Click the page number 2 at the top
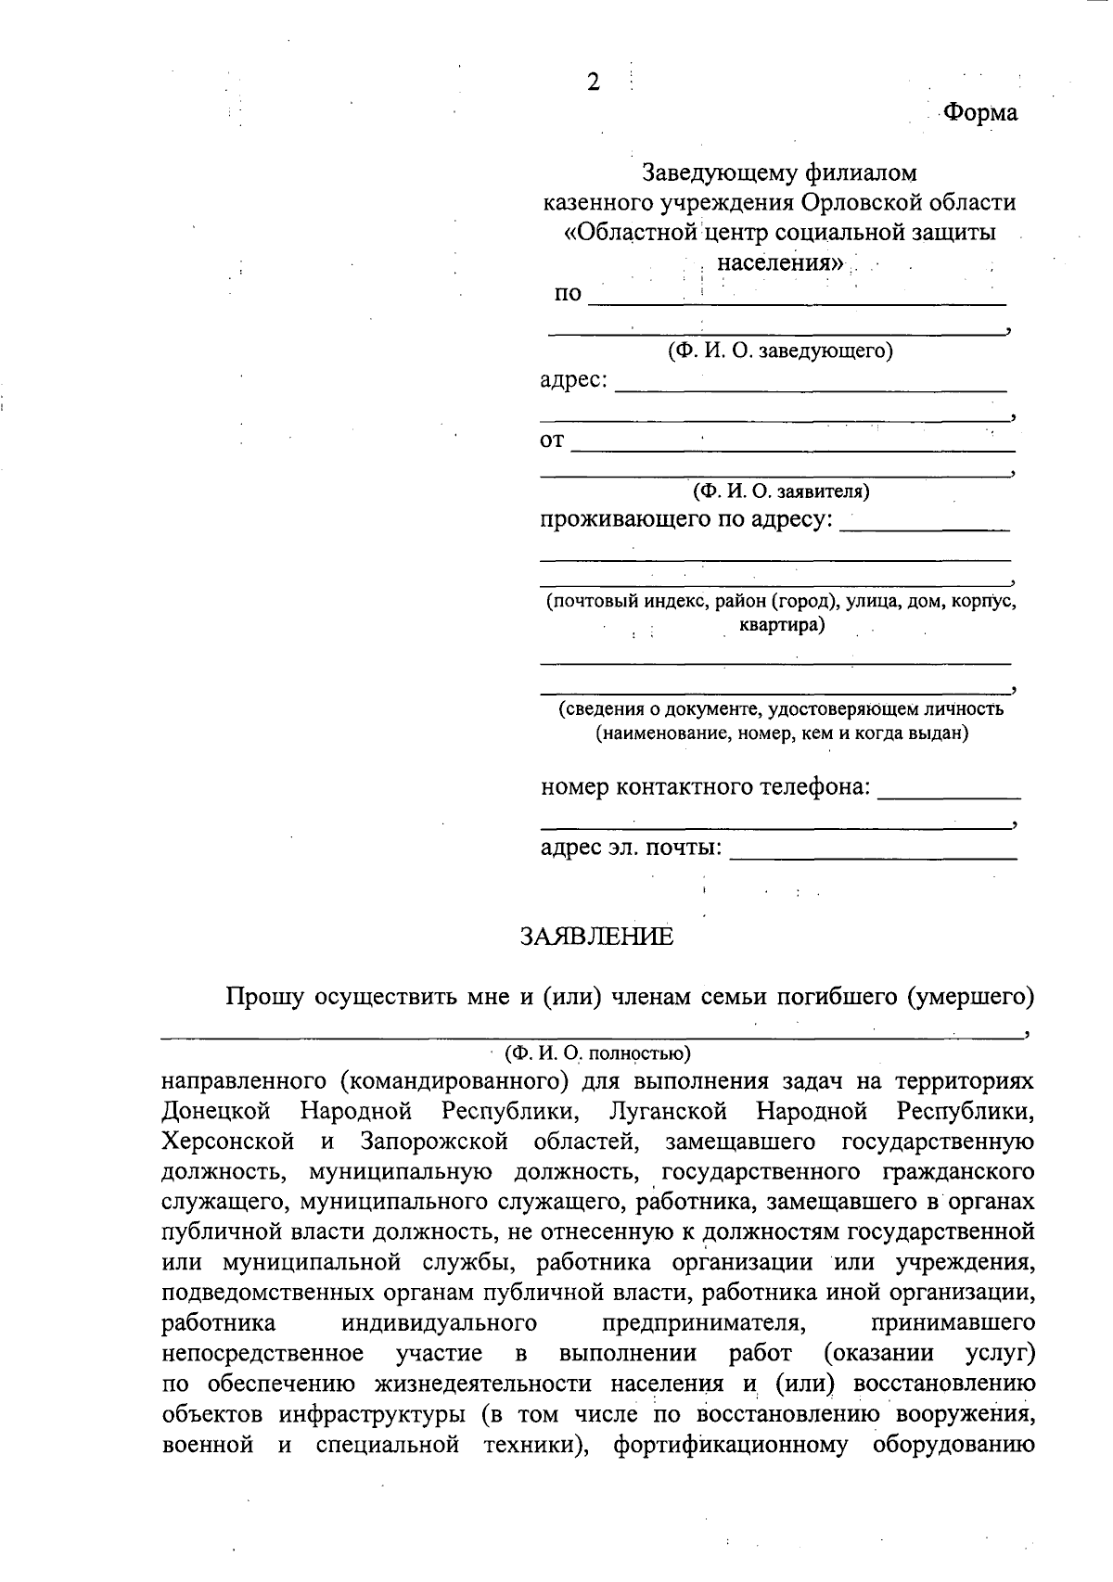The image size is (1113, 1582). point(594,83)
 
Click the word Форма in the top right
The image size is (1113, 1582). point(980,113)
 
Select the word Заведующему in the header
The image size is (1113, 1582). point(706,172)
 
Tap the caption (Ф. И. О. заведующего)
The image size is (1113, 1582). point(779,351)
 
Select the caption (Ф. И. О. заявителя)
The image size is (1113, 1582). point(780,491)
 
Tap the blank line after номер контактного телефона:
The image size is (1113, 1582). point(948,797)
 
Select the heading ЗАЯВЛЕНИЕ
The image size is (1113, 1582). point(596,937)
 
